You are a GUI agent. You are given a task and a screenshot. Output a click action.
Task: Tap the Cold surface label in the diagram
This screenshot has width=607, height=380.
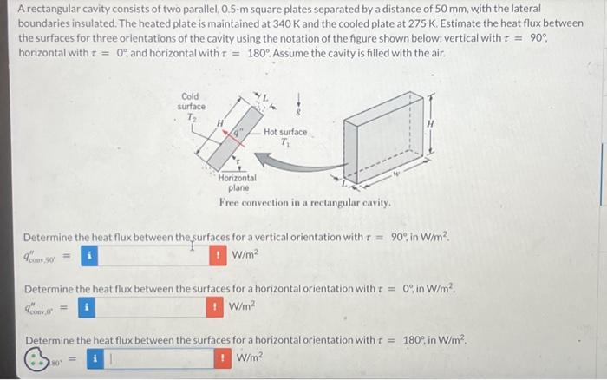pos(191,102)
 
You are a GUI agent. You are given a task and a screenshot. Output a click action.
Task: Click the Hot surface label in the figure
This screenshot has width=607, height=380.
pos(285,132)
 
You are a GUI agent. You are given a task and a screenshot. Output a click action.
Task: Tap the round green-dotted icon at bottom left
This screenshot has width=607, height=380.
pos(40,357)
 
